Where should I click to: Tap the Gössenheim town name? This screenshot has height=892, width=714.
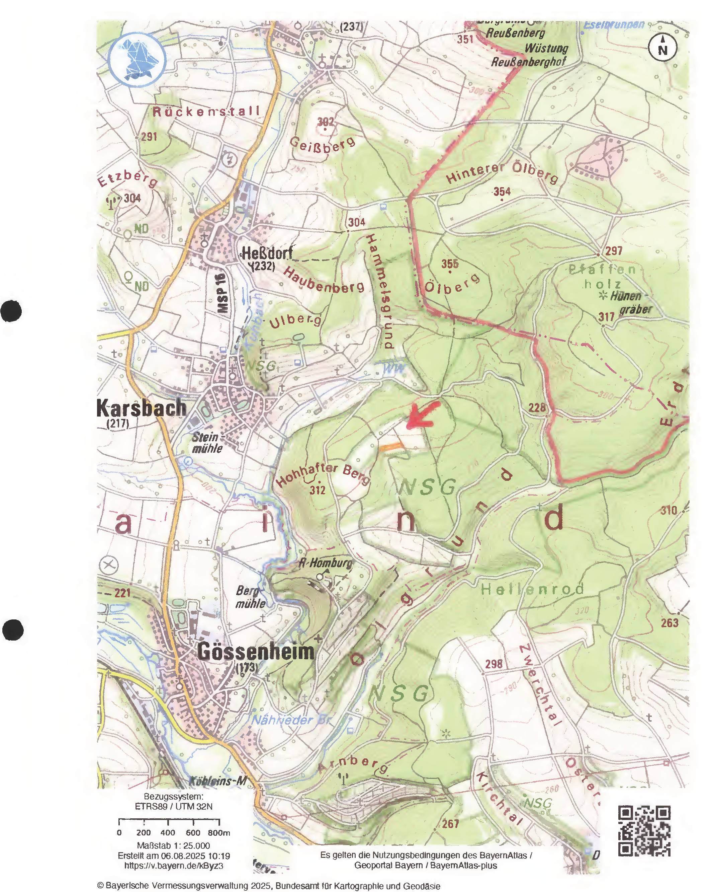[x=256, y=652]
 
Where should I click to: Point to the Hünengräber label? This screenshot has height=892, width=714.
[x=630, y=302]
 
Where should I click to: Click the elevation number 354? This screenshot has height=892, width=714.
[x=502, y=191]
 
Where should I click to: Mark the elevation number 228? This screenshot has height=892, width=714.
[x=537, y=408]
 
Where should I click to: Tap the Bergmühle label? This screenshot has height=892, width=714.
[x=250, y=597]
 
